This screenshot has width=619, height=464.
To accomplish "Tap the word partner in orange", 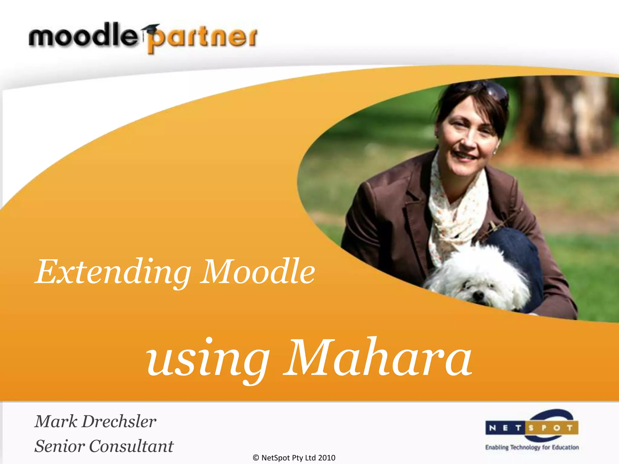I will tap(202, 39).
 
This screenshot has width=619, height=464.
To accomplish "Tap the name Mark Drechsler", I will tap(95, 421).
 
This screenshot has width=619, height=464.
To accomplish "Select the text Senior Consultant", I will tap(104, 446).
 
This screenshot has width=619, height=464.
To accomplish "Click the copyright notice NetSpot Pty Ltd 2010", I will tap(294, 458).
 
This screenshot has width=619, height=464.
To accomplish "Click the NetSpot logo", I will tap(532, 427).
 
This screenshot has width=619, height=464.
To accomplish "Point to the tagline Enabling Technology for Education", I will tap(532, 447).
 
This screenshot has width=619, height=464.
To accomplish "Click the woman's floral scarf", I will tap(453, 211).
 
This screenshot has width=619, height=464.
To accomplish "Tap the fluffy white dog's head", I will tap(481, 278).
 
